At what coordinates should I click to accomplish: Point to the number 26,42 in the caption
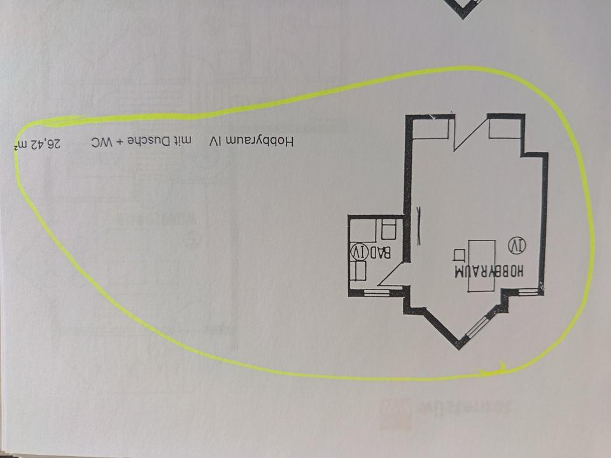click(48, 143)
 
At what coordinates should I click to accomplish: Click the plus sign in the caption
click(116, 142)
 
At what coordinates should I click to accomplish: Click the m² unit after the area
click(22, 145)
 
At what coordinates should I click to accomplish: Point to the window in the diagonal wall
click(478, 328)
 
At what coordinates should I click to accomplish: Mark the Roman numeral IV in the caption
click(214, 141)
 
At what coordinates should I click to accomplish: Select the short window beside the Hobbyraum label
click(528, 291)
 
